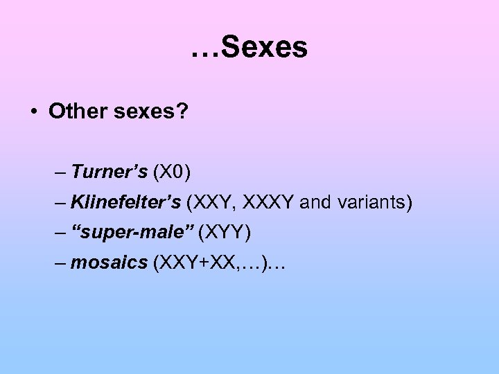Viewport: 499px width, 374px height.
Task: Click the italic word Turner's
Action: click(110, 171)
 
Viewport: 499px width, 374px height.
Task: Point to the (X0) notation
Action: click(173, 171)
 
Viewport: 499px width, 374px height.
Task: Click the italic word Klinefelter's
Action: click(126, 203)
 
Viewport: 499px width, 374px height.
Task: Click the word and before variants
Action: click(317, 203)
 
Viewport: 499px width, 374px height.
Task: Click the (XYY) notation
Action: click(224, 233)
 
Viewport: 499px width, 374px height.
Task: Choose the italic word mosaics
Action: click(109, 263)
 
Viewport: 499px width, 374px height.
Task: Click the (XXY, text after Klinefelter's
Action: click(211, 203)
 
